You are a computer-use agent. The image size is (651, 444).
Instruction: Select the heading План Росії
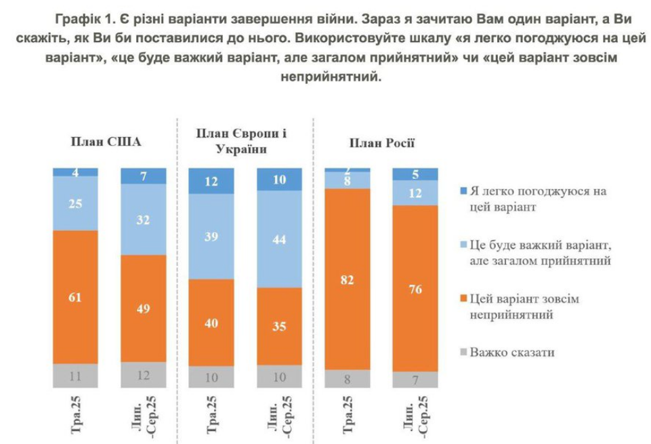coord(382,142)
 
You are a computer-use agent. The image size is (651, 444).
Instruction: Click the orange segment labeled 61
coord(75,296)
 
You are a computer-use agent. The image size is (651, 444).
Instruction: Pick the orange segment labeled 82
coord(348,279)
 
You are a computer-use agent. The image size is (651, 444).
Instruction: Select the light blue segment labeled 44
coord(280,239)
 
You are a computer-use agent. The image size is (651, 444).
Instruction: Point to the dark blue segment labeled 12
coord(211,181)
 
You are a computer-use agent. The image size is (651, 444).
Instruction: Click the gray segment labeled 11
coord(75,376)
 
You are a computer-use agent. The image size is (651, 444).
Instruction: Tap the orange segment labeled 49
coord(143,308)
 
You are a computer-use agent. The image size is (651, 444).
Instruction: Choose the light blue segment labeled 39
coord(211,237)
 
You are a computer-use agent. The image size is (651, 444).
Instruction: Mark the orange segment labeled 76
coord(416,288)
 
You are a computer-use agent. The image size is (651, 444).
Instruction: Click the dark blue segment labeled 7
coord(143,176)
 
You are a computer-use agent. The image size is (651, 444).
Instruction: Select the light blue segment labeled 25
coord(75,203)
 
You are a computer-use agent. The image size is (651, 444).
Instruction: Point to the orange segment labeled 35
coord(280,327)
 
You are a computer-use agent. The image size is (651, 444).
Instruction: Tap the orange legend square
coord(463,299)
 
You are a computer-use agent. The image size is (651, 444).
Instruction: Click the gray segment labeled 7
coord(416,380)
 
